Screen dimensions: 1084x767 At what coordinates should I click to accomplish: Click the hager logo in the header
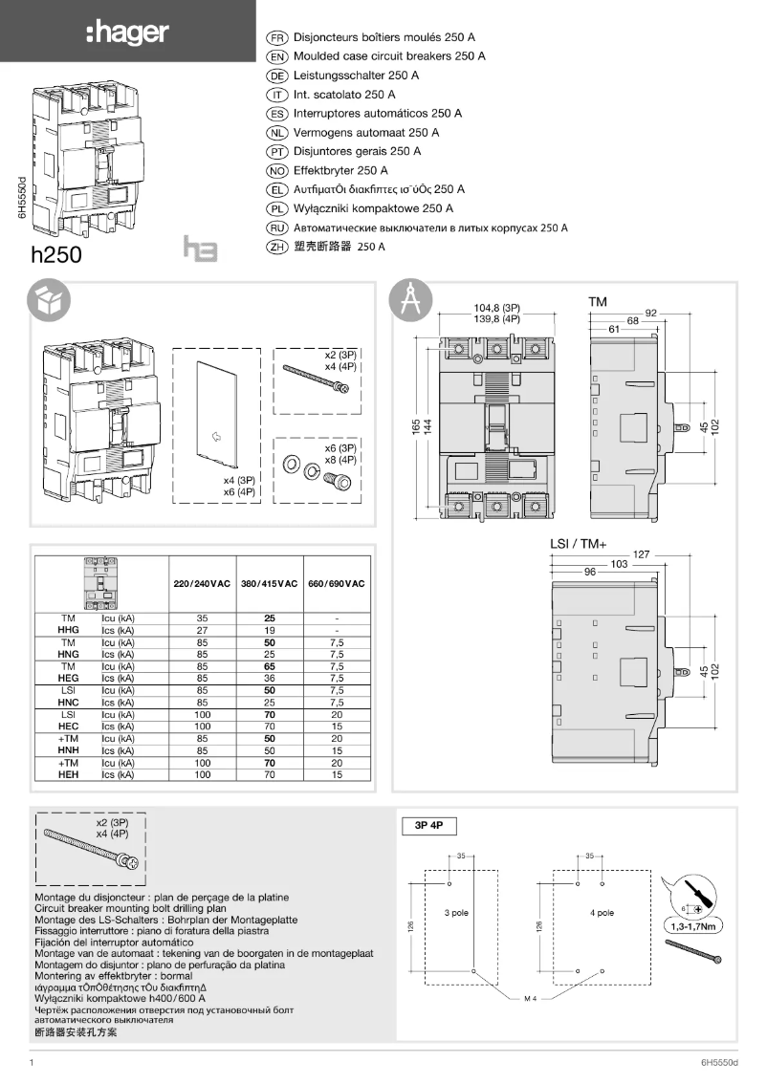127,33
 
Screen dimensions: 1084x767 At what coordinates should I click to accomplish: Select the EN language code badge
276,56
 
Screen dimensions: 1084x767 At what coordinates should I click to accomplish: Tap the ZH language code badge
276,247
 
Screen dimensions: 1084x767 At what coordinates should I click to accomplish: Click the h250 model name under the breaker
56,255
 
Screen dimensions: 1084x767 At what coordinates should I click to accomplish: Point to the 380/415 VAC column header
269,583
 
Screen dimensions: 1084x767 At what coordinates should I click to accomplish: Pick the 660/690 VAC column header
337,583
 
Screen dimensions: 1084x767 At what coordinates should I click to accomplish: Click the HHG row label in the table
69,631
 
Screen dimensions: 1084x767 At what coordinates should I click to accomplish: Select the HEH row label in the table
69,775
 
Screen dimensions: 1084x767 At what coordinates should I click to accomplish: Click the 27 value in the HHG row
202,631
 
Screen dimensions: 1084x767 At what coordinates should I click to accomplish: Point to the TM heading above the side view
598,301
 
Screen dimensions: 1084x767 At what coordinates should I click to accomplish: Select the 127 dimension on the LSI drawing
668,554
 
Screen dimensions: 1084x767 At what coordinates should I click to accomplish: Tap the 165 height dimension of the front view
415,426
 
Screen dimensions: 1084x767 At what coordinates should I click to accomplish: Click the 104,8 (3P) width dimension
497,308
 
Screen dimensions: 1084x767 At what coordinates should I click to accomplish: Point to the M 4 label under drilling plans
532,999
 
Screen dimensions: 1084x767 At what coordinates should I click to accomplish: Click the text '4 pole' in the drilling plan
602,913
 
